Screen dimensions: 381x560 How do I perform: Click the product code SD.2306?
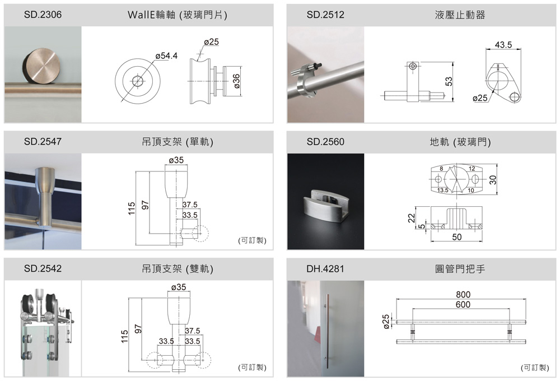click(43, 15)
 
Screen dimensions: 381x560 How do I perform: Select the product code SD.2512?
click(325, 15)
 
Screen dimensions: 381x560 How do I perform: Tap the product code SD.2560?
click(325, 142)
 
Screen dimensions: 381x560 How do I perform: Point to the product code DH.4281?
click(325, 269)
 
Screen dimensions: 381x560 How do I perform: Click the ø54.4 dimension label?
click(165, 55)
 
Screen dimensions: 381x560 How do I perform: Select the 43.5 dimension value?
click(503, 45)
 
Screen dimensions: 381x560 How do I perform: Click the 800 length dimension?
click(463, 295)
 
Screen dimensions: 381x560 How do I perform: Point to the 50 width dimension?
click(457, 237)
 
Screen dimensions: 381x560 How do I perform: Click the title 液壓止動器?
click(460, 15)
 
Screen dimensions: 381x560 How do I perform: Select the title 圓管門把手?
click(460, 269)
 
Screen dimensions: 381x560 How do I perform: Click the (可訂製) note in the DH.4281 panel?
click(534, 368)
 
